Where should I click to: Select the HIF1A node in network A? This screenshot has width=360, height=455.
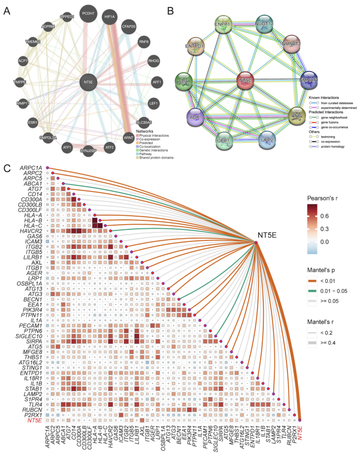[x=109, y=17]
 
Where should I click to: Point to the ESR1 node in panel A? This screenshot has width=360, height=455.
[x=33, y=122]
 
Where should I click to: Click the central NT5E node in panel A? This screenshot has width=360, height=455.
[x=87, y=83]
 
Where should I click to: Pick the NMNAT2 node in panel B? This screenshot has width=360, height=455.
[x=291, y=45]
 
